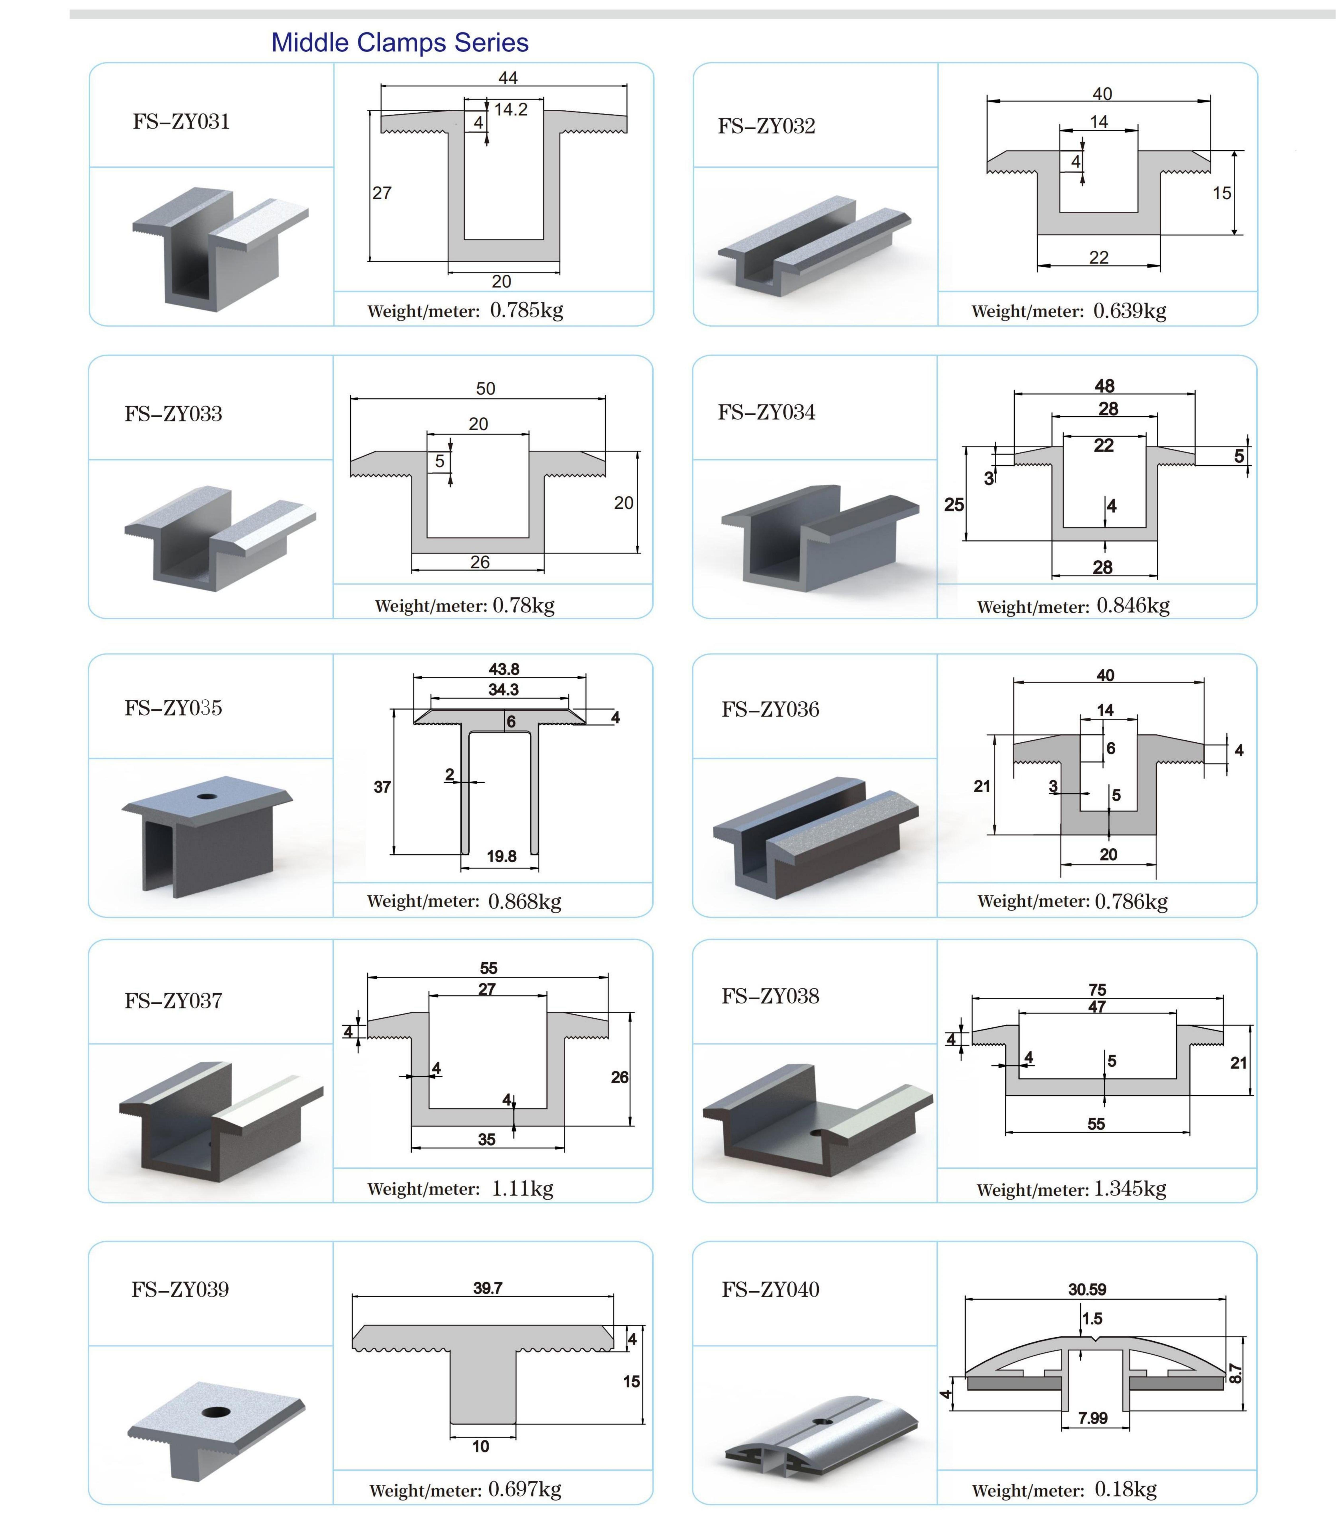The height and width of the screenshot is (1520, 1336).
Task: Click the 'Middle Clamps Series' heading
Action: point(400,42)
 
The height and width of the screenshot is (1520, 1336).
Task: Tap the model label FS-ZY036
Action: point(770,709)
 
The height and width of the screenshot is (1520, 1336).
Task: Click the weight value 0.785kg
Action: point(526,310)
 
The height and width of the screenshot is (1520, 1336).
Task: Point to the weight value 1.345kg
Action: point(1129,1188)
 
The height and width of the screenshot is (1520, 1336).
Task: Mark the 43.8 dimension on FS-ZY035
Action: point(504,669)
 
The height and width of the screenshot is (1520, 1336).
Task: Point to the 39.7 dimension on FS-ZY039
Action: point(487,1288)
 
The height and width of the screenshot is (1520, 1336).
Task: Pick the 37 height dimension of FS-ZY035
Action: point(382,787)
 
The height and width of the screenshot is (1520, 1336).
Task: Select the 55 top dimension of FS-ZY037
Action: point(488,968)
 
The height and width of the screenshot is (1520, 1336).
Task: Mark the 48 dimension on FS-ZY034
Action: point(1105,386)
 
